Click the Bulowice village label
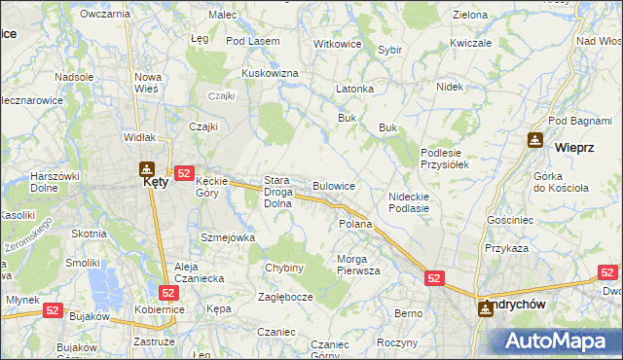333,185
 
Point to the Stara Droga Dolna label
283,192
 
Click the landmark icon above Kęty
147,167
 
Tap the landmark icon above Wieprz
535,140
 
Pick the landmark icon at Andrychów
486,308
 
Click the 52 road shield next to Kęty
185,171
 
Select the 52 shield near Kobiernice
169,291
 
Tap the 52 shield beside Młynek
53,308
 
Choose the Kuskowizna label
270,73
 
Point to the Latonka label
355,89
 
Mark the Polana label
355,224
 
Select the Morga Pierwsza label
358,265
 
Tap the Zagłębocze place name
284,297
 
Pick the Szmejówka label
227,237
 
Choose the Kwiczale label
470,44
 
